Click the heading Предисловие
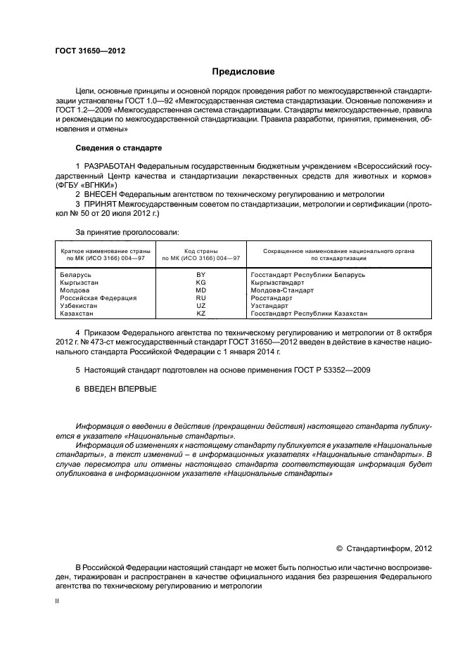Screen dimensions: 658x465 pyautogui.click(x=243, y=72)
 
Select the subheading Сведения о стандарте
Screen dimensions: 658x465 pyautogui.click(x=118, y=148)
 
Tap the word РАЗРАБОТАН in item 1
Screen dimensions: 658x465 pyautogui.click(x=110, y=165)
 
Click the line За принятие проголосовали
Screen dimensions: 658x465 pyautogui.click(x=127, y=231)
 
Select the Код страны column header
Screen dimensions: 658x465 pyautogui.click(x=200, y=250)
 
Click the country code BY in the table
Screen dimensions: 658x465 pyautogui.click(x=200, y=275)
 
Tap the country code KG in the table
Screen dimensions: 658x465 pyautogui.click(x=200, y=283)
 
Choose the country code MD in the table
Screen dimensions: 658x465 pyautogui.click(x=200, y=290)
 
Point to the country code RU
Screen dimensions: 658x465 pyautogui.click(x=200, y=298)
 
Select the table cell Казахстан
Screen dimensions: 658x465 pyautogui.click(x=76, y=314)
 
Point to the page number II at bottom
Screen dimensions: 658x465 pyautogui.click(x=57, y=601)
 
